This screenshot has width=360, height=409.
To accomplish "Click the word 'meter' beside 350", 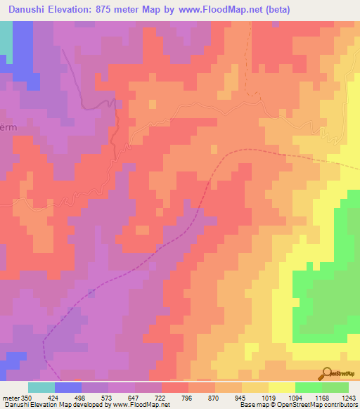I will pyautogui.click(x=11, y=397).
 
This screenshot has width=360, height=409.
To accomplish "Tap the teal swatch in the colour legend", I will pyautogui.click(x=41, y=387).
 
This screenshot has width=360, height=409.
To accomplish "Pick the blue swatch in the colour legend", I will pyautogui.click(x=68, y=387).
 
